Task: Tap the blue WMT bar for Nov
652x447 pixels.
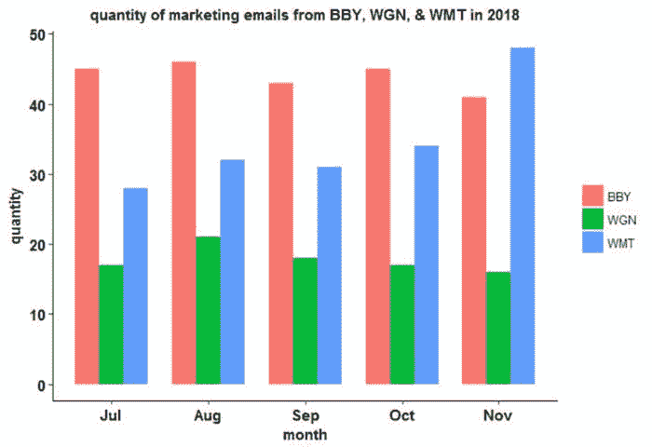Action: pos(522,216)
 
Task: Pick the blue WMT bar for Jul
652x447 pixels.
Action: pos(135,286)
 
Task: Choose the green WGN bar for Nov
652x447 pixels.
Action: pos(498,328)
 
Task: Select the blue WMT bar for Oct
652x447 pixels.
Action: pos(426,264)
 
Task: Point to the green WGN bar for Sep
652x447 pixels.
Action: pos(305,320)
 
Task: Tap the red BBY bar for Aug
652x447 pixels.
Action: pos(183,223)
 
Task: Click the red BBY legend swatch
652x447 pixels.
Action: pos(593,196)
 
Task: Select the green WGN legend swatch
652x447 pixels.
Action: pos(593,219)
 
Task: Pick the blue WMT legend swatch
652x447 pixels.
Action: pos(593,243)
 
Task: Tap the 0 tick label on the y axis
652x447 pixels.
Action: pos(42,385)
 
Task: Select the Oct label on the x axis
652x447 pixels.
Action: pos(401,416)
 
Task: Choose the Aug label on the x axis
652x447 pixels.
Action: pos(208,416)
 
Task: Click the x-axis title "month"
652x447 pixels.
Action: pos(305,434)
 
